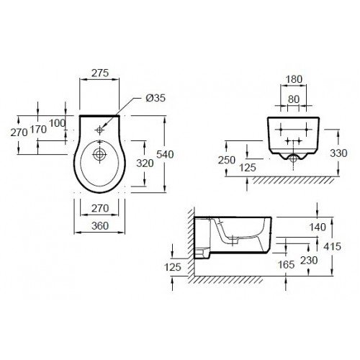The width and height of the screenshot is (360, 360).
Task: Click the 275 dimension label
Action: coord(100,73)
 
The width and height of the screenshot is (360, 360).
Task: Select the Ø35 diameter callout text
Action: coord(156,98)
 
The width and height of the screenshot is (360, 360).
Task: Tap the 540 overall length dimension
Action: coord(165,154)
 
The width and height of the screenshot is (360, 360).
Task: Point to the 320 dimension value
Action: coord(145,163)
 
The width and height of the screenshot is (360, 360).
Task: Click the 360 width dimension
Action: coord(100,226)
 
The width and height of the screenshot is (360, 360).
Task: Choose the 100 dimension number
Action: coord(57,123)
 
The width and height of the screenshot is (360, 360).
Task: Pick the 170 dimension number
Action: coord(38,130)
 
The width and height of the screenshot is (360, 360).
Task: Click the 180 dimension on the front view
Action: coord(294,79)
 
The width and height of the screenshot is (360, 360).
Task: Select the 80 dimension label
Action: coord(294,99)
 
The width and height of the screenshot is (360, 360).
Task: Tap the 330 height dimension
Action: coord(338,153)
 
